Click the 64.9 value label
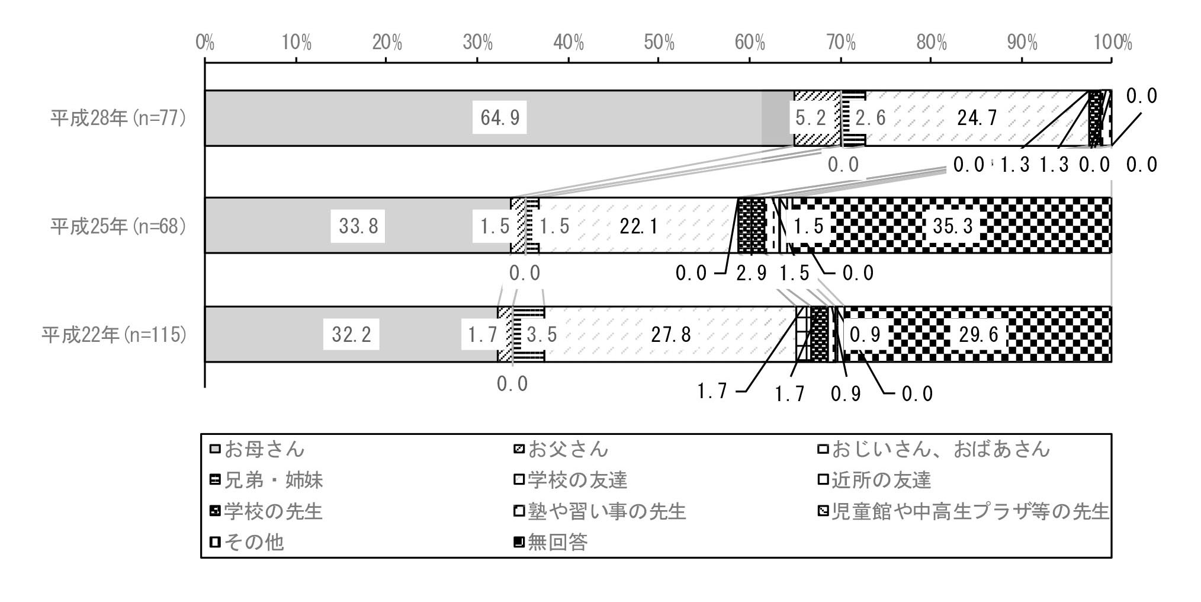pyautogui.click(x=500, y=118)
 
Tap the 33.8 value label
pyautogui.click(x=358, y=226)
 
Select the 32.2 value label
pyautogui.click(x=351, y=335)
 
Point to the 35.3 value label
pyautogui.click(x=952, y=226)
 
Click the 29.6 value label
pyautogui.click(x=978, y=335)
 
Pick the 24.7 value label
pyautogui.click(x=977, y=118)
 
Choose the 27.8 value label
pyautogui.click(x=670, y=335)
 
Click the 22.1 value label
pyautogui.click(x=638, y=226)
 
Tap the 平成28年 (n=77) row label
pyautogui.click(x=118, y=118)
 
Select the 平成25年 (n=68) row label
pyautogui.click(x=118, y=226)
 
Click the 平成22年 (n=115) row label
pyautogui.click(x=114, y=335)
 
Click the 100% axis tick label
pyautogui.click(x=1112, y=43)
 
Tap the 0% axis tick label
pyautogui.click(x=205, y=43)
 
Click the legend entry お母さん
pyautogui.click(x=258, y=449)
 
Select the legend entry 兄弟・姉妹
pyautogui.click(x=267, y=480)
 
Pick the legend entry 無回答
pyautogui.click(x=551, y=542)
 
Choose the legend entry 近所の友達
pyautogui.click(x=874, y=480)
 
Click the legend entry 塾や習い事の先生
pyautogui.click(x=600, y=511)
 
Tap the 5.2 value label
pyautogui.click(x=810, y=118)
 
